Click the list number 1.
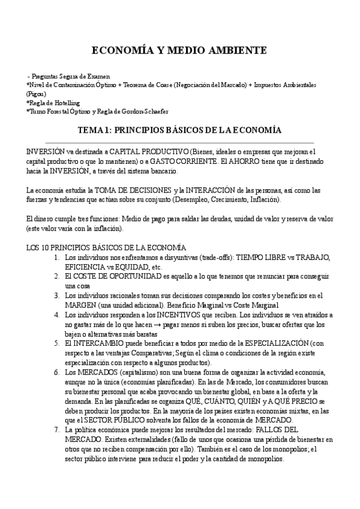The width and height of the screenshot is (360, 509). tap(56, 258)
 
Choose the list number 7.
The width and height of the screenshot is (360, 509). tap(56, 430)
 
